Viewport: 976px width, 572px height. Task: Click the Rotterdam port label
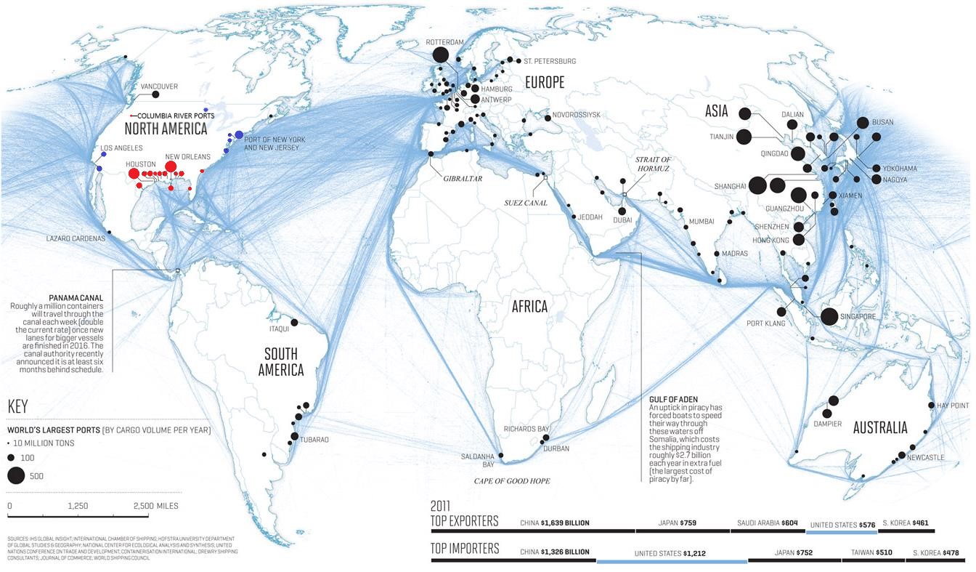tap(444, 42)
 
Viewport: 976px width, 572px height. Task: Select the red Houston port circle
tap(134, 174)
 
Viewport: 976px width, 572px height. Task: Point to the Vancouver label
tap(159, 86)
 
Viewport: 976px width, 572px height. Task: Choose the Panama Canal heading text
tap(76, 298)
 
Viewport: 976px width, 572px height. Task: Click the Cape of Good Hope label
tap(512, 481)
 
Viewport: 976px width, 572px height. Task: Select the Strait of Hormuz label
tap(653, 164)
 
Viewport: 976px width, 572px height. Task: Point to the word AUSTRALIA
tap(880, 427)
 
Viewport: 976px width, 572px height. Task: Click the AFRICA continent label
tap(529, 306)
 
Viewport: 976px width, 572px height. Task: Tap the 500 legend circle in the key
tap(16, 476)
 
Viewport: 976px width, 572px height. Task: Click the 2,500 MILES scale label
tap(155, 506)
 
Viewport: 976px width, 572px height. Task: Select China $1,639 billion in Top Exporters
tap(555, 523)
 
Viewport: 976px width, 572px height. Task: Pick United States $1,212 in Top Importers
tap(672, 553)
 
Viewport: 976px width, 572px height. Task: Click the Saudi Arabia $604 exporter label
tap(768, 523)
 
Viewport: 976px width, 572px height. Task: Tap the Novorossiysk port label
tap(577, 115)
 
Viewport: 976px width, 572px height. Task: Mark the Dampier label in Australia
tap(828, 424)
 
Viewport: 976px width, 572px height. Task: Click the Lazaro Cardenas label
tap(76, 238)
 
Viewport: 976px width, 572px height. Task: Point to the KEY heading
tap(17, 406)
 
